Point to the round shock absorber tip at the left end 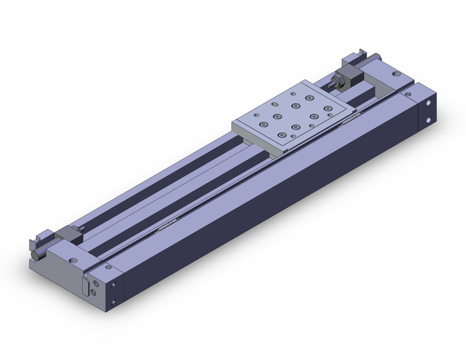[32, 256]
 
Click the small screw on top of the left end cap [108, 267]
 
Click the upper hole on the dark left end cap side [116, 286]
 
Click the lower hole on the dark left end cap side [116, 301]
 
